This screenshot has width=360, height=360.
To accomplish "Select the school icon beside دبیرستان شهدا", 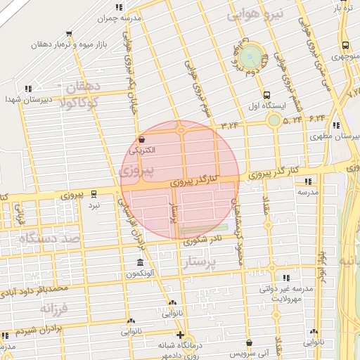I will pyautogui.click(x=28, y=89).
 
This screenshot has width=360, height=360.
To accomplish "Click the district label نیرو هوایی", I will pyautogui.click(x=259, y=13).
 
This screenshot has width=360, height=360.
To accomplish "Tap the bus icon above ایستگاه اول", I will pyautogui.click(x=266, y=96).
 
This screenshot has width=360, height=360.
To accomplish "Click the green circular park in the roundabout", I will pyautogui.click(x=250, y=56).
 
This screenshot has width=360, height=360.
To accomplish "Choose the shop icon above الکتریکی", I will pyautogui.click(x=142, y=139).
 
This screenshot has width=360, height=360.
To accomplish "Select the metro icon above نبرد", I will pyautogui.click(x=94, y=194).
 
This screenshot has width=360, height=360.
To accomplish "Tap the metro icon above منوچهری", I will pyautogui.click(x=344, y=46).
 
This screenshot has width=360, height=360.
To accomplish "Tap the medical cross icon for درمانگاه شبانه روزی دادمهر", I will pyautogui.click(x=181, y=335).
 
